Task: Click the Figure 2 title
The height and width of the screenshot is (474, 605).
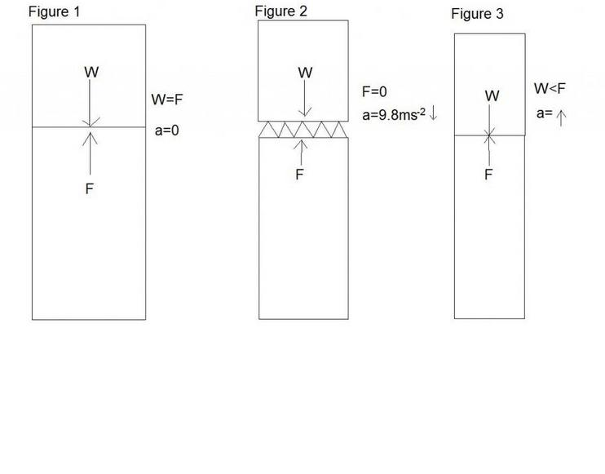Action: (x=281, y=11)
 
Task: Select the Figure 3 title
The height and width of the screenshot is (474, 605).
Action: (x=477, y=14)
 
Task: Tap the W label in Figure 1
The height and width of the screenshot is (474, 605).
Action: (x=91, y=72)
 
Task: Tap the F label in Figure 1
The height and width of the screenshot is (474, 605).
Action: (x=91, y=189)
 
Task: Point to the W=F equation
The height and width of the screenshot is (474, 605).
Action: (x=168, y=100)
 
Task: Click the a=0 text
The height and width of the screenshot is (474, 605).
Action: (x=168, y=130)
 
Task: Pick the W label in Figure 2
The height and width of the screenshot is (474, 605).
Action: (x=305, y=73)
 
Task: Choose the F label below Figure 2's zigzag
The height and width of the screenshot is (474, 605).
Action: (x=300, y=174)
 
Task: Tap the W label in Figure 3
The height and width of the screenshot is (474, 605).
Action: (x=492, y=96)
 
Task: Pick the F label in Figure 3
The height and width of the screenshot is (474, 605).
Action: (x=489, y=175)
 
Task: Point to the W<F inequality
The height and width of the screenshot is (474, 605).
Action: (x=549, y=88)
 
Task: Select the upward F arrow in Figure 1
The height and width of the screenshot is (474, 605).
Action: (x=91, y=151)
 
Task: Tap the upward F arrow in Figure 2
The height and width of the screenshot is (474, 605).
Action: (x=302, y=152)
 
